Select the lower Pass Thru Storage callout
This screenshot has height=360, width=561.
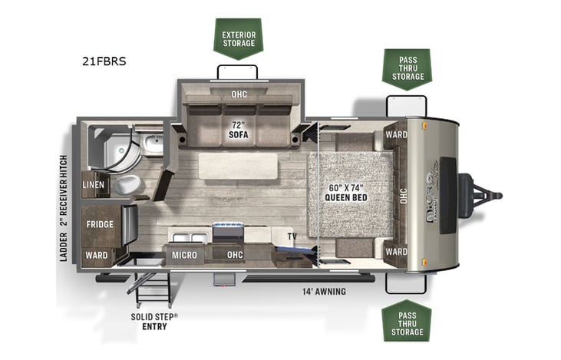click(406, 317)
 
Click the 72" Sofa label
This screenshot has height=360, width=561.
click(238, 128)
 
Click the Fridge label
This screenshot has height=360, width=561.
click(100, 224)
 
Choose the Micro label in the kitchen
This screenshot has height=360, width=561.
click(184, 255)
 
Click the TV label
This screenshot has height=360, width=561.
click(293, 236)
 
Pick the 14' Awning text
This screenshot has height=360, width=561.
click(324, 291)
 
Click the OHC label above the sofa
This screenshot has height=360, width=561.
click(239, 95)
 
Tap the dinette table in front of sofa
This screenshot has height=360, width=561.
click(238, 165)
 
